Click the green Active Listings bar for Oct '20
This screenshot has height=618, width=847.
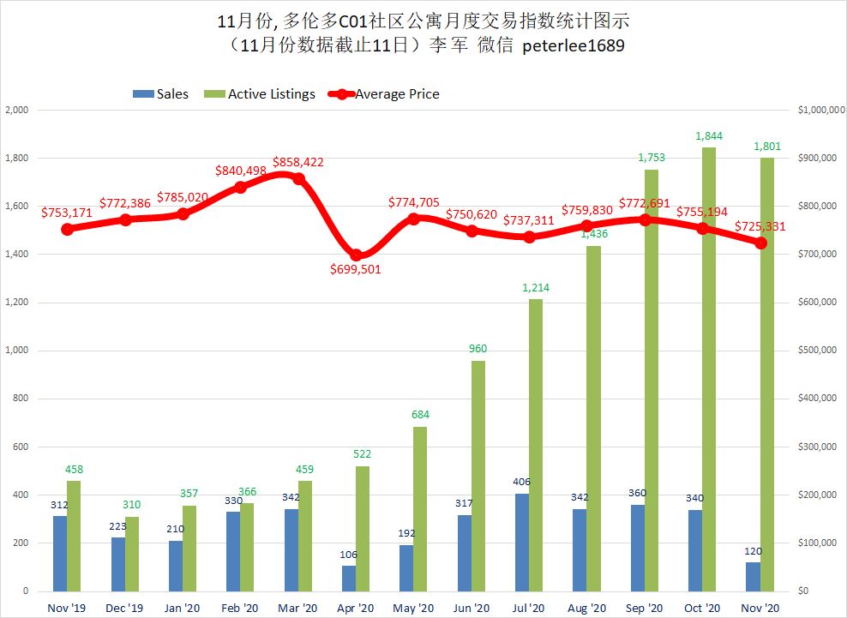click(709, 369)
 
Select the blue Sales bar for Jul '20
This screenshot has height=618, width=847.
click(521, 543)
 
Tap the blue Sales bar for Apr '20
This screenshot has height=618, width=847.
click(348, 579)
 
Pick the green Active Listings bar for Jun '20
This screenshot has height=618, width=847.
click(478, 476)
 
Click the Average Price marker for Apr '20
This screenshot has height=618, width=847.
click(357, 255)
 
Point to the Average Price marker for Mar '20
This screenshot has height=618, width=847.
click(298, 178)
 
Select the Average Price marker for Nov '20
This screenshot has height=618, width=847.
click(760, 243)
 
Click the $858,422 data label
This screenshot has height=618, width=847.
click(298, 162)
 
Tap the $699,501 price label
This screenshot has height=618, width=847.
click(356, 269)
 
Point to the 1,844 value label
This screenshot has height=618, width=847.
click(709, 136)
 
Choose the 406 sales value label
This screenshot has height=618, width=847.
click(521, 483)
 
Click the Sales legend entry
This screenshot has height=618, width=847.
click(162, 94)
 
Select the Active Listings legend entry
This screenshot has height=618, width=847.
click(261, 94)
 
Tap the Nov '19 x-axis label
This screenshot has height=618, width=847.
click(67, 607)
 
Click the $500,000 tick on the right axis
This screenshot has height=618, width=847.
click(815, 351)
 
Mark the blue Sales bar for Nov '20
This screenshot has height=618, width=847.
click(753, 577)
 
